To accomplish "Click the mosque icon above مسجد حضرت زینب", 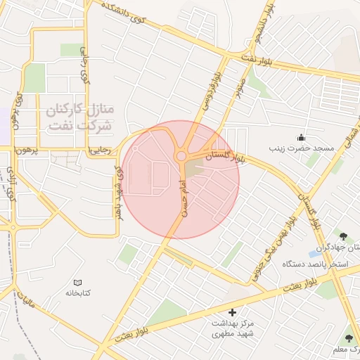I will pos(302,137).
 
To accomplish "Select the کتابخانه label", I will pos(79,292).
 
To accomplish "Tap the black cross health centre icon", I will pos(233,311).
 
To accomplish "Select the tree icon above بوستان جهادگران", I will pos(343,237).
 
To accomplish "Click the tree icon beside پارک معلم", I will pos(349,338).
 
